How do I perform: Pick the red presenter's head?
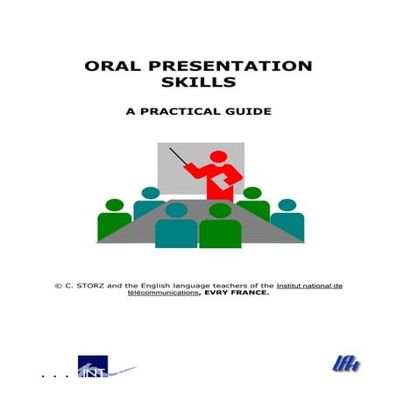click(222, 152)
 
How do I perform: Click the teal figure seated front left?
click(176, 225)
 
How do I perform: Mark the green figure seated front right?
click(220, 225)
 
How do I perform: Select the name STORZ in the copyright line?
click(89, 286)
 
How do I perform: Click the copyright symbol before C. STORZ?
click(58, 286)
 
